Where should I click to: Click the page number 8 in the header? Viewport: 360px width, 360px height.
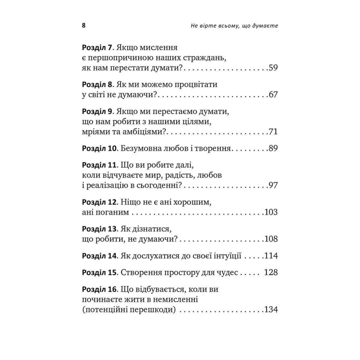(84, 27)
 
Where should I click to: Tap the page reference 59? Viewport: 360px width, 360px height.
(273, 67)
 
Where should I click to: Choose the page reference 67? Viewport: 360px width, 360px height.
(273, 95)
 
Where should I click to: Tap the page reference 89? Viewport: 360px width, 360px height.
(273, 148)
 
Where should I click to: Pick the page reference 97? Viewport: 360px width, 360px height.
(273, 185)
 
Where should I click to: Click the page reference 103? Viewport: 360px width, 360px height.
(271, 212)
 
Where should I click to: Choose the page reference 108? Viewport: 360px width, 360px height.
(271, 239)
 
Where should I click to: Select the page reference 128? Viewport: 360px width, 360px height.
(271, 273)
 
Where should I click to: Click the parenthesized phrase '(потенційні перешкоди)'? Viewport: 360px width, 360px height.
(129, 310)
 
